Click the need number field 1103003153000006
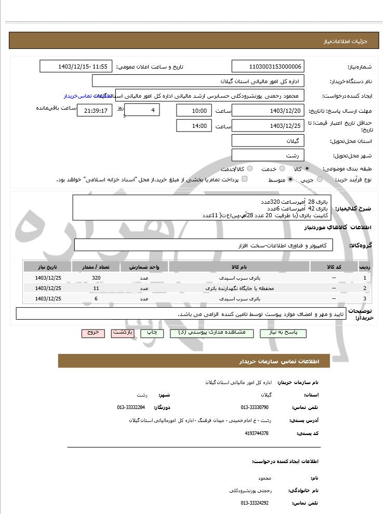click(268, 67)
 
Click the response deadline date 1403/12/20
click(268, 110)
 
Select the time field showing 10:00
click(194, 110)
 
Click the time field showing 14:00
click(194, 126)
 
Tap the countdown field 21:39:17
click(94, 110)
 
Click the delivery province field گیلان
click(268, 141)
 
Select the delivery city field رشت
click(268, 155)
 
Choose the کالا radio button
click(308, 169)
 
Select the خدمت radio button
click(282, 169)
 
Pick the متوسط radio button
click(290, 179)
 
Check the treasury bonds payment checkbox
click(245, 179)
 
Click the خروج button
click(93, 333)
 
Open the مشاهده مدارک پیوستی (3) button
click(211, 333)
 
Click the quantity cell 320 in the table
click(96, 278)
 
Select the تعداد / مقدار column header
click(96, 267)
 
